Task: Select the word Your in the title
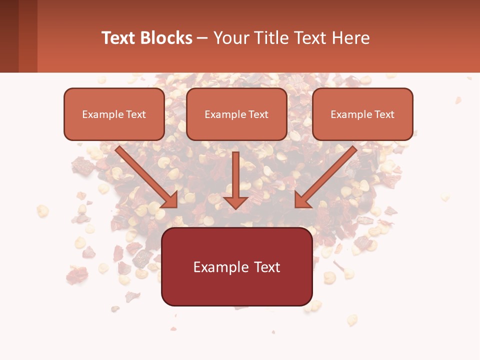231,38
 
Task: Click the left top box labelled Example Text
114,114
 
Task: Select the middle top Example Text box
236,114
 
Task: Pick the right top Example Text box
362,114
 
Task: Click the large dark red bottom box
236,266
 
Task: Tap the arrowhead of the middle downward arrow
236,201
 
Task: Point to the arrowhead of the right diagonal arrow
302,200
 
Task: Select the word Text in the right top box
384,114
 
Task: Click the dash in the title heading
202,38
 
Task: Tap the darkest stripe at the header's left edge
9,36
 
